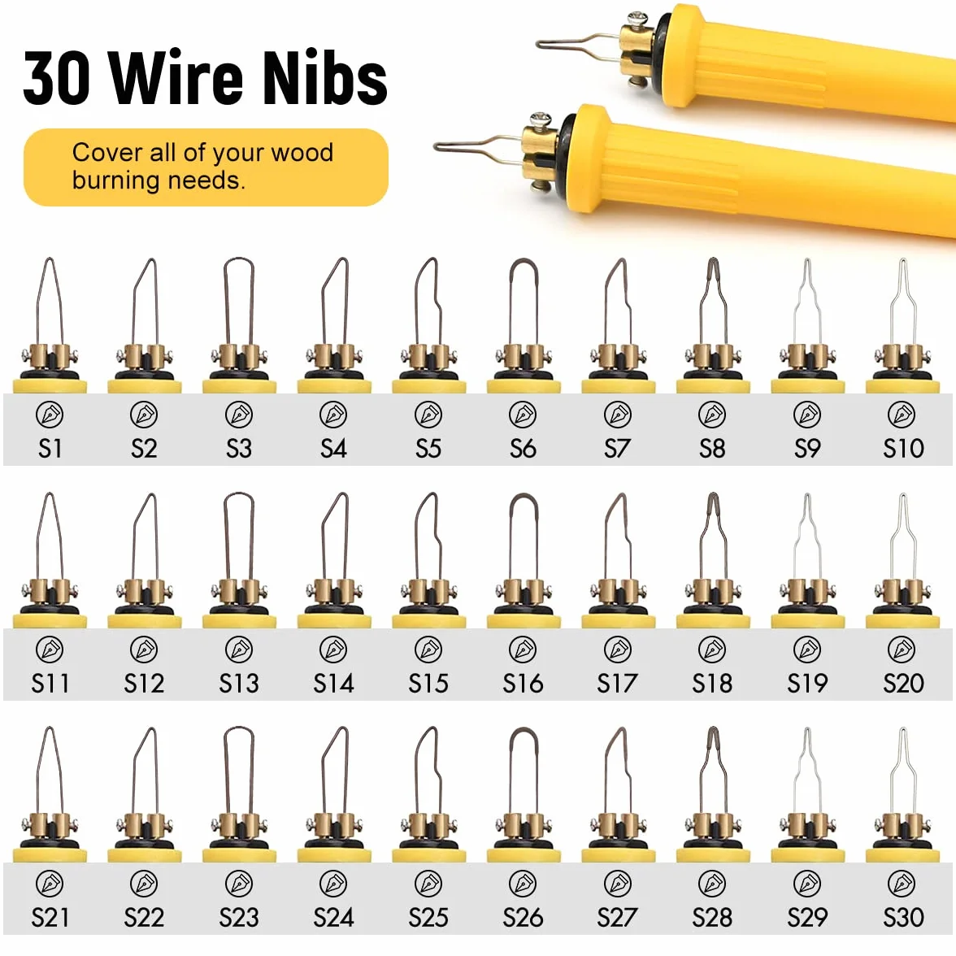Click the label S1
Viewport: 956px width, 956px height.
coord(50,449)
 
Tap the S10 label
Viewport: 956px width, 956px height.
coord(903,449)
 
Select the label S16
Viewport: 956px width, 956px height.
coord(524,684)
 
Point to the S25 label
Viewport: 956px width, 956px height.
coord(428,918)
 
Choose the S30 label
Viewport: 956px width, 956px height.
coord(903,918)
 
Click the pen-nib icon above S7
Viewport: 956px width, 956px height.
coord(618,415)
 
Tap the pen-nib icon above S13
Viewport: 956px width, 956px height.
coord(239,650)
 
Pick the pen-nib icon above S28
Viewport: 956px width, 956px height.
coord(712,884)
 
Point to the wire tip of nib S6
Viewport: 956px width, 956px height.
coord(524,261)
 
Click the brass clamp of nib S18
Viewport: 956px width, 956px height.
coord(712,593)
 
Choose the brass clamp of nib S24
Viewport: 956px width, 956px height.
coord(333,828)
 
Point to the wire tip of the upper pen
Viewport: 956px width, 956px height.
coord(539,44)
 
